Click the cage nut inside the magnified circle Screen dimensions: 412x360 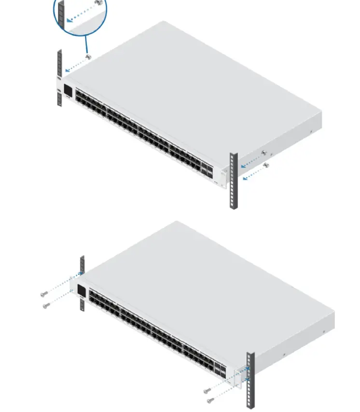point(98,3)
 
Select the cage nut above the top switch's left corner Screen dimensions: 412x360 point(88,57)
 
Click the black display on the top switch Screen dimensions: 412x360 point(68,91)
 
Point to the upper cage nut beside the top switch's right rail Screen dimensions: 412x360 point(263,154)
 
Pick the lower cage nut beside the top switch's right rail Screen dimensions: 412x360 point(267,166)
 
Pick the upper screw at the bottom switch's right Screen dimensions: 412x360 point(207,390)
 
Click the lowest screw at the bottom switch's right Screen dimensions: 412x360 point(209,400)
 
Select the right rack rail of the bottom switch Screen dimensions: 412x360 point(250,382)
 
